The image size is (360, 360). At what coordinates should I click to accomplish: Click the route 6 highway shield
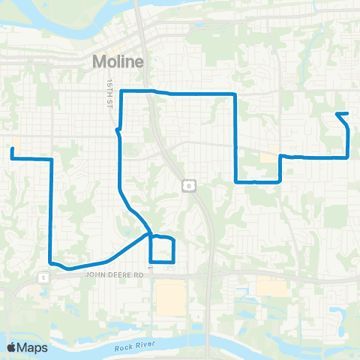[x=186, y=184]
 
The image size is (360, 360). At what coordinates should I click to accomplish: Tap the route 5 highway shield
[x=43, y=277]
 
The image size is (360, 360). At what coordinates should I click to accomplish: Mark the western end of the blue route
[x=12, y=150]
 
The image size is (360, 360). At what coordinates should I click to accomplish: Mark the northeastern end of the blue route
[x=337, y=114]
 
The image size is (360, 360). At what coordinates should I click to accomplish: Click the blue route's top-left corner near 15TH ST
[x=121, y=91]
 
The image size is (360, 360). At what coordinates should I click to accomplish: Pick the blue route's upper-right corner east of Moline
[x=236, y=94]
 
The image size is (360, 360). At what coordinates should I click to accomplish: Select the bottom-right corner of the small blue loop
[x=174, y=261]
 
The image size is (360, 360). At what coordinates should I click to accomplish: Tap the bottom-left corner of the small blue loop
[x=151, y=261]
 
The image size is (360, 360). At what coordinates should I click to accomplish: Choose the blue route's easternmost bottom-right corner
[x=348, y=157]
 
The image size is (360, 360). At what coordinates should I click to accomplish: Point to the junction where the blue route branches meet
[x=150, y=234]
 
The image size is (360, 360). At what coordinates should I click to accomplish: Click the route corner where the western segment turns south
[x=50, y=160]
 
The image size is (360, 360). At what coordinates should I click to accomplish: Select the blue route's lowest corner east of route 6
[x=236, y=181]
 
